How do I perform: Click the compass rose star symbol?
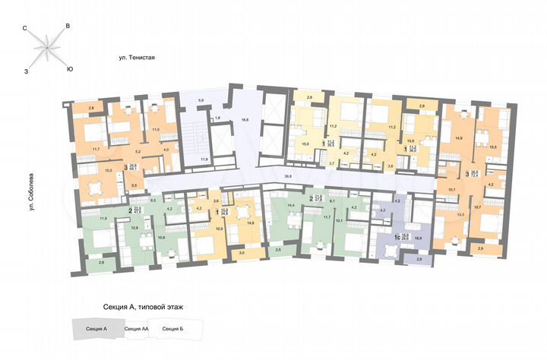(47, 49)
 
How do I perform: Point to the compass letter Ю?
(70, 69)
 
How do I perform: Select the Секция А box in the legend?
(96, 329)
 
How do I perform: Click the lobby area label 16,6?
(245, 118)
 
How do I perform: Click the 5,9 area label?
(201, 100)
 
